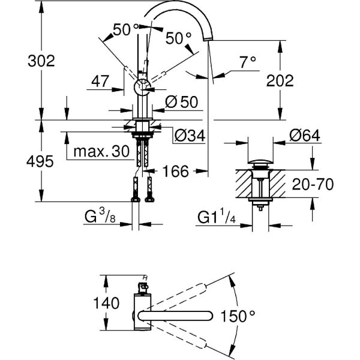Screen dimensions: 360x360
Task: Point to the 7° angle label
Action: (248, 61)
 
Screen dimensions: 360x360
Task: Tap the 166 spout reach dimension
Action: (176, 172)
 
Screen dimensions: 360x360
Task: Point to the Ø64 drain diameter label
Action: (304, 136)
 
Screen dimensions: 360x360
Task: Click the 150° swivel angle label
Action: (239, 315)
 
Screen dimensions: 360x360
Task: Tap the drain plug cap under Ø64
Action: (259, 162)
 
